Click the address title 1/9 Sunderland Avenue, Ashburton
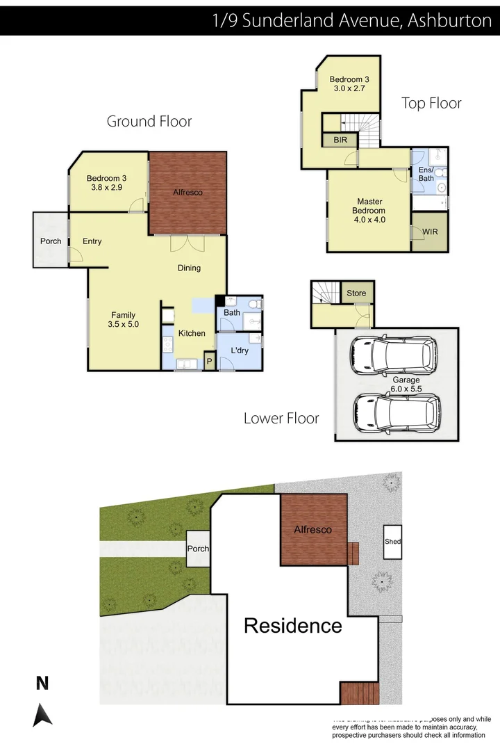coord(352,20)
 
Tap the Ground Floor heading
coord(149,122)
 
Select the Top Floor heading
coord(431,104)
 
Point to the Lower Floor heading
coord(281,418)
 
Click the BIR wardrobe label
coord(340,140)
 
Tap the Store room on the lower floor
coord(356,293)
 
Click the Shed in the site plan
coord(393,542)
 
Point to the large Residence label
coord(292,626)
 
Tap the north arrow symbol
coord(42,714)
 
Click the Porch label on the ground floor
coord(50,241)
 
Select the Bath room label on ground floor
coord(231,313)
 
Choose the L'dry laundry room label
coord(240,352)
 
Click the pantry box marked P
coord(208,362)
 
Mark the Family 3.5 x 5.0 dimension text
coord(124,324)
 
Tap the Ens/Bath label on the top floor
coord(426,174)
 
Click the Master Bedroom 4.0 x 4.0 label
coord(369,211)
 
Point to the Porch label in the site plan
coord(198,549)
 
